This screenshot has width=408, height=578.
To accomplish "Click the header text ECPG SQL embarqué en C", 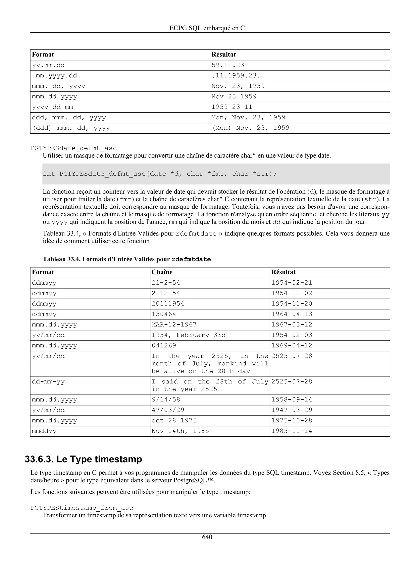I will point(207,28).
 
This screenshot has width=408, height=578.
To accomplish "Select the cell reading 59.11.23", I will point(228,65).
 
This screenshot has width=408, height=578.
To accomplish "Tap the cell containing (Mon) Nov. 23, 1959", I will point(251,128).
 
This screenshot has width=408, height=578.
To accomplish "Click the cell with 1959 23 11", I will point(231,107).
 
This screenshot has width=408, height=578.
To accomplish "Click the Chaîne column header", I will point(162,272).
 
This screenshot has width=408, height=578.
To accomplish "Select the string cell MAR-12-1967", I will point(174,325).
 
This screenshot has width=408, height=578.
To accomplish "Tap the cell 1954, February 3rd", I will point(188,335).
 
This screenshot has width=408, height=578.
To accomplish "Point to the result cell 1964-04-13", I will point(292,314).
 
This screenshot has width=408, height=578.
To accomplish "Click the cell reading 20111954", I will point(168,304).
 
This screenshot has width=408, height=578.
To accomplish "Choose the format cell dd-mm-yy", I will point(48,382).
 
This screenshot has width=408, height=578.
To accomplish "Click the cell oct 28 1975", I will point(174,421).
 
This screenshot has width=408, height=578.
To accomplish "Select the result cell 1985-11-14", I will point(292,431).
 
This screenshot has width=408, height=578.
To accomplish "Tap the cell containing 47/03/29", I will point(168,410).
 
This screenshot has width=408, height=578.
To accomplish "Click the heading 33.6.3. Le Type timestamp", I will point(83,459).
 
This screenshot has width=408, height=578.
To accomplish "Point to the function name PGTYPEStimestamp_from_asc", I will point(82,508).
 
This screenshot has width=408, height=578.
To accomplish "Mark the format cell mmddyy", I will point(44,431).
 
